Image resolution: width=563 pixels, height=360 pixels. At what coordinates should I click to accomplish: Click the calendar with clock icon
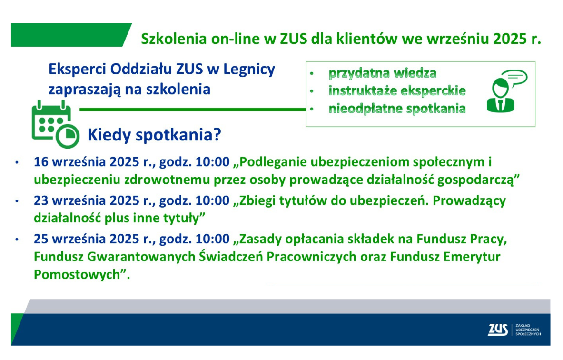coord(55,124)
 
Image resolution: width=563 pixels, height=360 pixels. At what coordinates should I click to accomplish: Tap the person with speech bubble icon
coord(507,91)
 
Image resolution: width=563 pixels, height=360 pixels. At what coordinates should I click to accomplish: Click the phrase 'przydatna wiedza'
coord(383,73)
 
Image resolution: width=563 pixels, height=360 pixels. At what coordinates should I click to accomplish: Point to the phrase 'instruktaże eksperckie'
coord(397,90)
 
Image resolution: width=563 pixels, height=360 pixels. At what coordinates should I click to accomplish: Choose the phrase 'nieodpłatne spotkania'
coord(397,108)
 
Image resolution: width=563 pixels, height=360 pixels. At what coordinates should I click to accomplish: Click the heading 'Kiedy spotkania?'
coord(154,135)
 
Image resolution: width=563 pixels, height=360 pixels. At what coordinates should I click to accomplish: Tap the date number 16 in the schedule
coord(41,162)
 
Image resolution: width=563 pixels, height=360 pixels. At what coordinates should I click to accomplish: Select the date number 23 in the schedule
coord(41,200)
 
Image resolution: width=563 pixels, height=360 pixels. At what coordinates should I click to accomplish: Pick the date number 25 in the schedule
coord(41,239)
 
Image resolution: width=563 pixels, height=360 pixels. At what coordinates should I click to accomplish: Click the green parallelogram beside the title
coord(71,35)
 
